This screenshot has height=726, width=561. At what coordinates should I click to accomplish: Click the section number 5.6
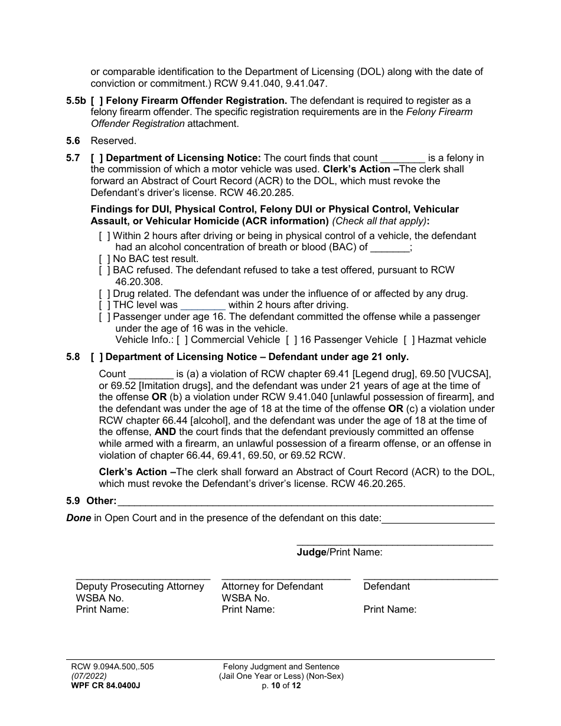[x=73, y=140]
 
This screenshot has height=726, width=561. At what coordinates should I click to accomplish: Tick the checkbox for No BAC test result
[x=105, y=259]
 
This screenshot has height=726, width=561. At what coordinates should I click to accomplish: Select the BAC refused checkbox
[x=105, y=270]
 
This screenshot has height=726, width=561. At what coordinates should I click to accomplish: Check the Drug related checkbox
[x=105, y=293]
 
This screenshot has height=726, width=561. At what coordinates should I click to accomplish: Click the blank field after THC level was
[x=203, y=305]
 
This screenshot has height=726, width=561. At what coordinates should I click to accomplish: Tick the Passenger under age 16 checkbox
[x=105, y=317]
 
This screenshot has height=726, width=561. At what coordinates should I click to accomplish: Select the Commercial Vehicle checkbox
[x=182, y=339]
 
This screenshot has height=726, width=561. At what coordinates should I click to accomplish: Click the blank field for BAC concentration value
[x=390, y=247]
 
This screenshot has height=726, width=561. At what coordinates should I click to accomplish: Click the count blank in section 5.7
[x=403, y=158]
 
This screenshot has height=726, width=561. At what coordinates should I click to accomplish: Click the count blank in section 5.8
[x=151, y=374]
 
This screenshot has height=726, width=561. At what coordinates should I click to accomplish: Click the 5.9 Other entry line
[x=305, y=502]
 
